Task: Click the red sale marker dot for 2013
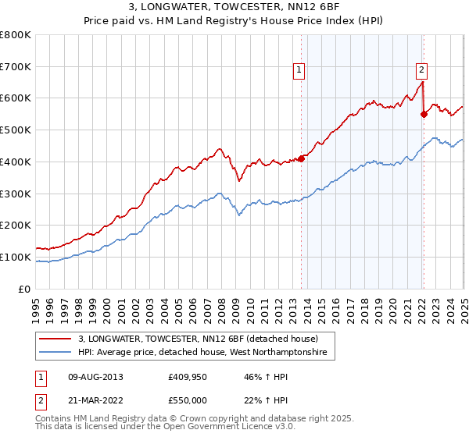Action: click(301, 158)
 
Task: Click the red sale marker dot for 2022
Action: click(424, 113)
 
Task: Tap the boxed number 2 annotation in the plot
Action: click(421, 69)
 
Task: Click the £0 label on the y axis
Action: click(25, 289)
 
